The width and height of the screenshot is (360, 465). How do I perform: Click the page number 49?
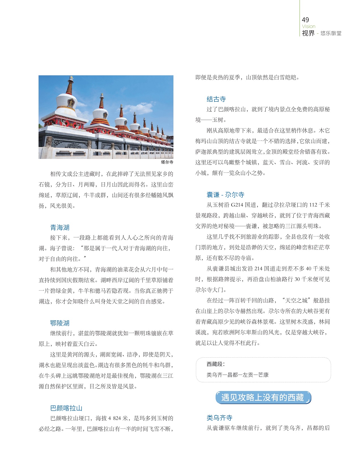305,20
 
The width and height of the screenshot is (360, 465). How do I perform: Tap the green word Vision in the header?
308,26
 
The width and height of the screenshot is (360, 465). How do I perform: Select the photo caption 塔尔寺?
167,162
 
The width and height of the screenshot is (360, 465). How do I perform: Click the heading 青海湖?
60,227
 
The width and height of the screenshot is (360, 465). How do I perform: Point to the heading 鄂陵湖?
60,323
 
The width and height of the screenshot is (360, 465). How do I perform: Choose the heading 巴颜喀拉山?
66,408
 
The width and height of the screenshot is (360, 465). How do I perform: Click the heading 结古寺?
216,99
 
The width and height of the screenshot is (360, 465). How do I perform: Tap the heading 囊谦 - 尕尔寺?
225,195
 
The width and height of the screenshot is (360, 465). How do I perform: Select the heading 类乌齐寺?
219,418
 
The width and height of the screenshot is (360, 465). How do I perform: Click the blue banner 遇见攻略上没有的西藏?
263,398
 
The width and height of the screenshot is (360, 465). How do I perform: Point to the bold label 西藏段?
215,364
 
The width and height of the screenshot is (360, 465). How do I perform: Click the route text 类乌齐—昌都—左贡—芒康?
238,375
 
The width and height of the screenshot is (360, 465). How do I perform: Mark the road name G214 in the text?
237,205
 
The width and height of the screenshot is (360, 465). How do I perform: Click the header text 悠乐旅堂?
331,33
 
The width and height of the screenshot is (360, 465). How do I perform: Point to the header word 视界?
308,33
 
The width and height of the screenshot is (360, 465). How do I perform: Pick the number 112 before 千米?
313,205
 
